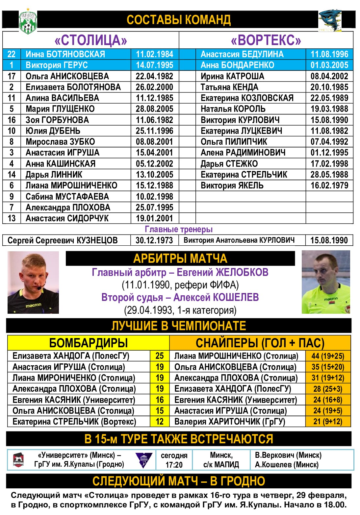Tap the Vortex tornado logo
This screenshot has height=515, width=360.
[330, 20]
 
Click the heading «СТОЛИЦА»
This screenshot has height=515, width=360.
[91, 40]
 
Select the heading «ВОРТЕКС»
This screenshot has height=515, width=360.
[266, 40]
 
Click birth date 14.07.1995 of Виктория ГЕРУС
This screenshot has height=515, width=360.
[154, 65]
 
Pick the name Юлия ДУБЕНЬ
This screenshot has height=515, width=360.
[53, 131]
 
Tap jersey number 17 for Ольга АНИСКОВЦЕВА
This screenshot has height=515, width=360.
[12, 76]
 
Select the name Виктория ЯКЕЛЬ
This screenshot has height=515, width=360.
[232, 185]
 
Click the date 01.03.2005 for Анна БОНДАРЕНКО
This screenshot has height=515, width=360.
[329, 65]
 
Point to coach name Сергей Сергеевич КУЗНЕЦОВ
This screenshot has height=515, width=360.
[63, 240]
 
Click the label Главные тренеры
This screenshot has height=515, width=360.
[179, 229]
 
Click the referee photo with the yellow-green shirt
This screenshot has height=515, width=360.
[326, 282]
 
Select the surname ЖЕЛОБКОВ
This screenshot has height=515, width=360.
[242, 272]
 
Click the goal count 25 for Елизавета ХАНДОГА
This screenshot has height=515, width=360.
[160, 356]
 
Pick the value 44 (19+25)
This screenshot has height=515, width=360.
[328, 356]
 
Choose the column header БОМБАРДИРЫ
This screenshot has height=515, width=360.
[88, 343]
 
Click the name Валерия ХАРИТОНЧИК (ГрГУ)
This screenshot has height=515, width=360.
[230, 422]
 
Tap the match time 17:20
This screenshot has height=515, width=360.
[174, 465]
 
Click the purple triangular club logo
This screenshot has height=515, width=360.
[144, 459]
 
